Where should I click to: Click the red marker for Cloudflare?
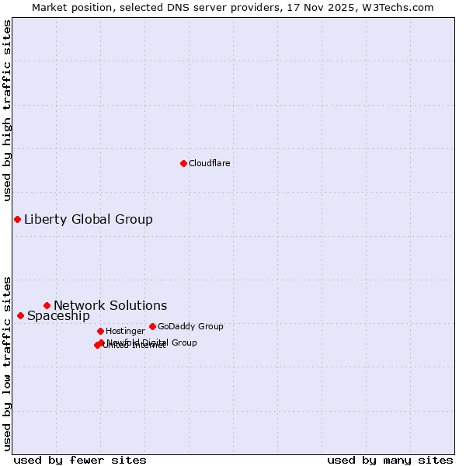[x=183, y=163]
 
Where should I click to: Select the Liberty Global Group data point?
[x=17, y=219]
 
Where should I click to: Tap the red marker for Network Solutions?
[x=47, y=305]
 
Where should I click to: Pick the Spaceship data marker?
[x=20, y=315]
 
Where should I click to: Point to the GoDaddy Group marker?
[x=152, y=326]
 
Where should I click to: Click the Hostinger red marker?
[x=100, y=331]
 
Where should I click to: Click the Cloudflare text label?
[x=209, y=163]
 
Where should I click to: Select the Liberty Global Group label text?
[x=88, y=219]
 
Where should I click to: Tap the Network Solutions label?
[x=110, y=305]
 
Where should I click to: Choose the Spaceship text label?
[x=58, y=315]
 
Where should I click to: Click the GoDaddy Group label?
[x=190, y=326]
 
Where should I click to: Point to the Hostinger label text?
[x=125, y=331]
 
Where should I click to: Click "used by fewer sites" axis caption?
[x=80, y=460]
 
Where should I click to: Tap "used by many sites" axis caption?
[x=390, y=460]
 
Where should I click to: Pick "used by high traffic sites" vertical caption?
[x=7, y=110]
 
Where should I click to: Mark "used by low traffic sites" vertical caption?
[x=7, y=363]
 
